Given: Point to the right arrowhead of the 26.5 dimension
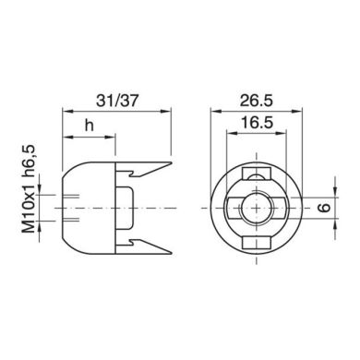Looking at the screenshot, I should pos(299,111).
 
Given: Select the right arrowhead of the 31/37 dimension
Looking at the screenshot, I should pos(169,111).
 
